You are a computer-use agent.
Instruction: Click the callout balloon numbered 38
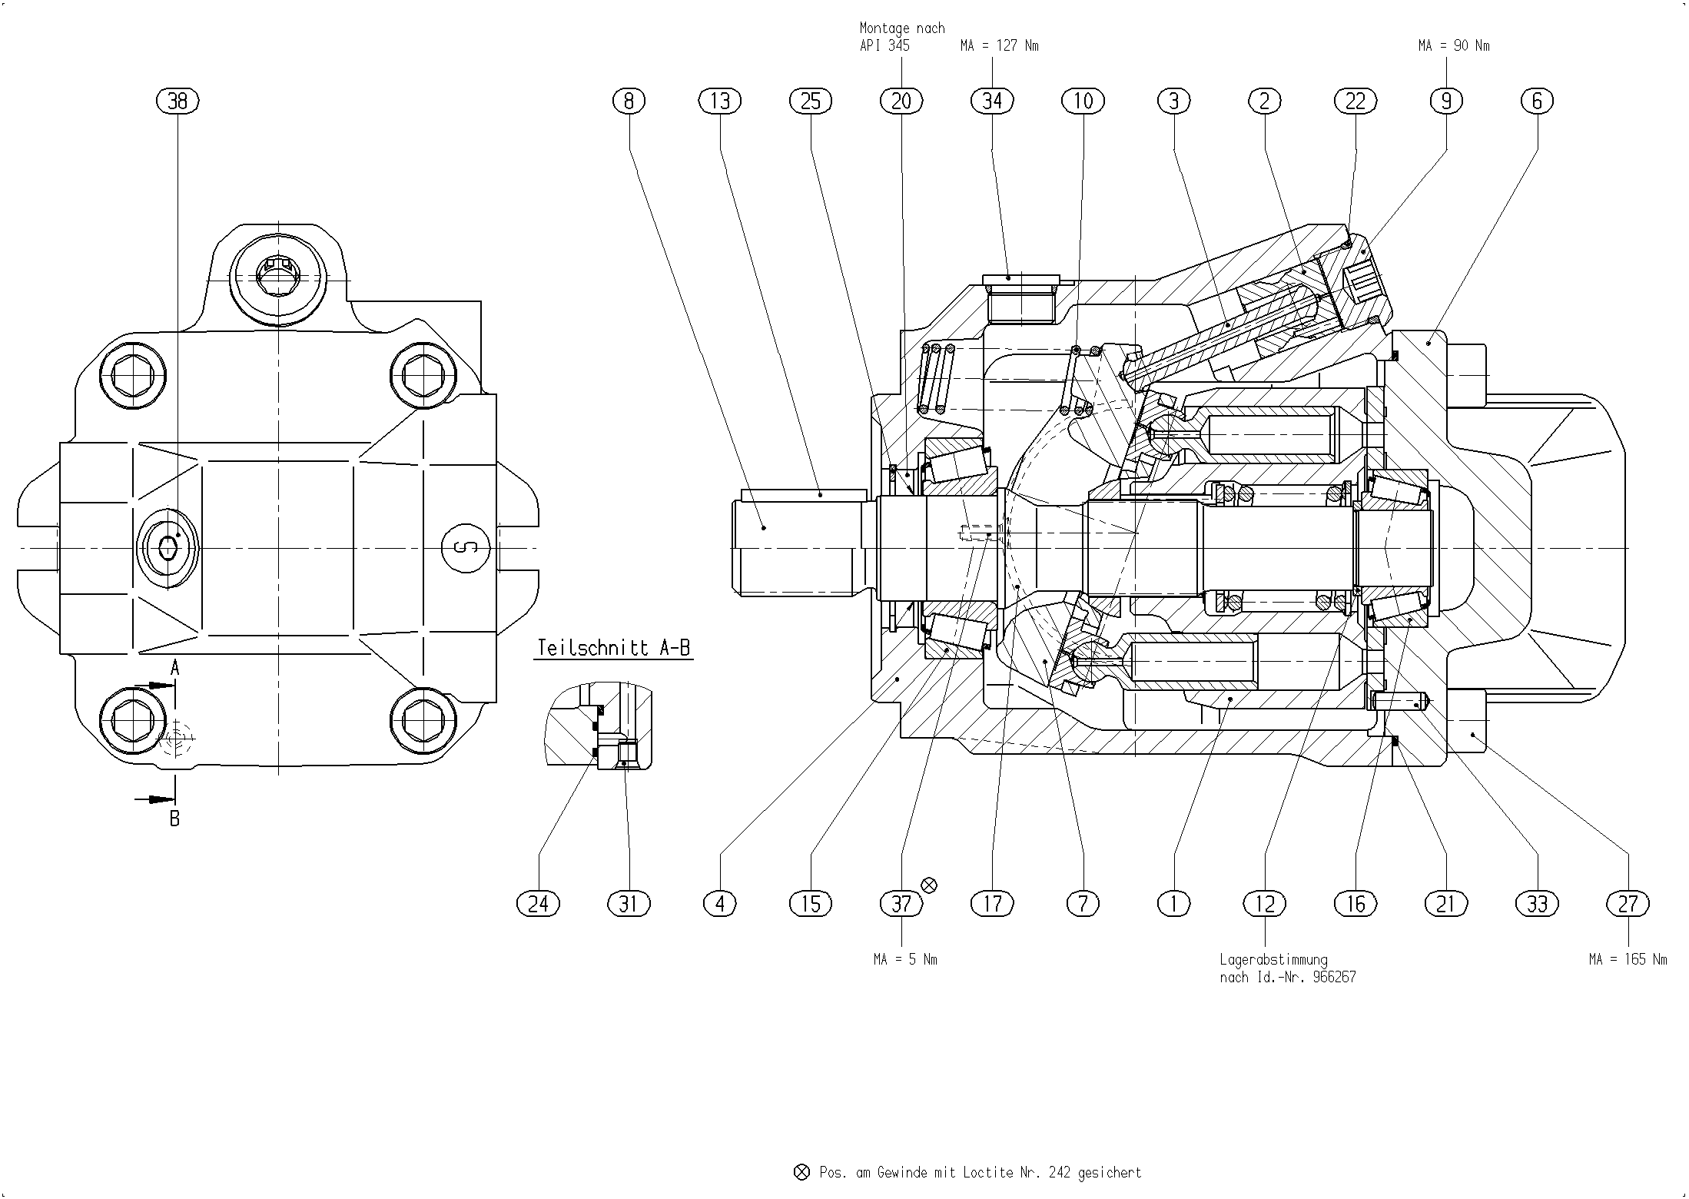(x=178, y=101)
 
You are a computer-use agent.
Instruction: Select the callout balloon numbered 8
(x=629, y=101)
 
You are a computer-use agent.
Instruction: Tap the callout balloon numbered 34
(x=993, y=101)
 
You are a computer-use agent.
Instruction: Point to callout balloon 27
(x=1628, y=903)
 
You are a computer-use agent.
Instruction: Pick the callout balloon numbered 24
(x=538, y=903)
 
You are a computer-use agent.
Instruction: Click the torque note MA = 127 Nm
(x=999, y=46)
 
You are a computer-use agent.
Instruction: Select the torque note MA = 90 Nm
(x=1454, y=46)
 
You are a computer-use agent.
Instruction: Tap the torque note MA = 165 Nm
(x=1628, y=959)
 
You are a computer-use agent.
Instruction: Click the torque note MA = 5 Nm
(x=905, y=959)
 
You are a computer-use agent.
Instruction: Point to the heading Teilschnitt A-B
(x=613, y=647)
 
